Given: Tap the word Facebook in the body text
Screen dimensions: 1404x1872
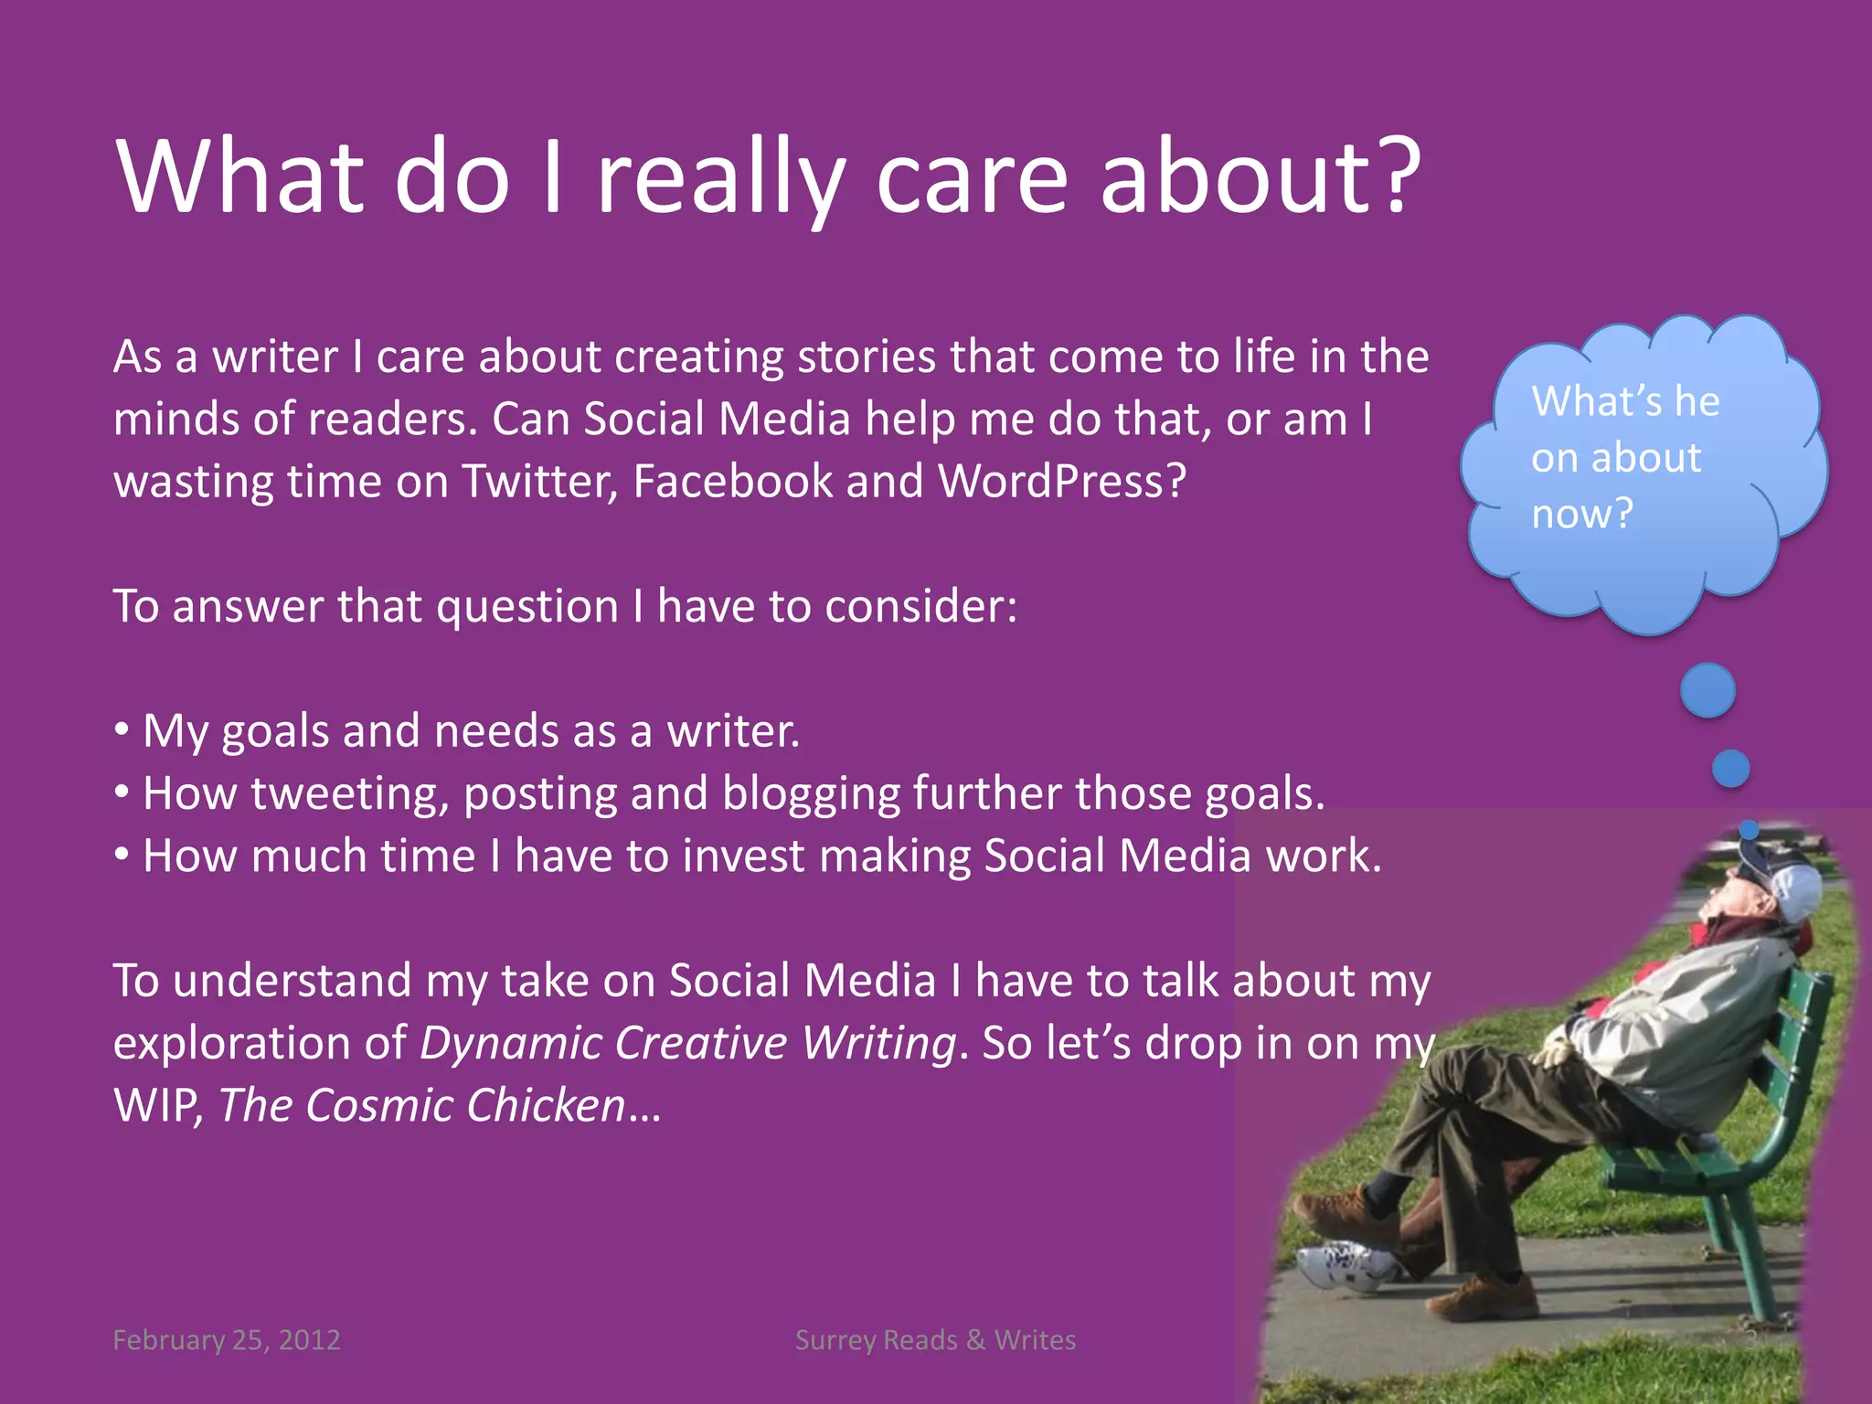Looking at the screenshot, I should [731, 482].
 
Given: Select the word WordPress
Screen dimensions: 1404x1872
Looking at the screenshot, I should [1060, 482].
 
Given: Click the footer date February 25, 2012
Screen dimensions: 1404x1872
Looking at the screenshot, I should [226, 1340].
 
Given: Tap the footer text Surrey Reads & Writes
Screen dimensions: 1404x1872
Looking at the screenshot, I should [935, 1340].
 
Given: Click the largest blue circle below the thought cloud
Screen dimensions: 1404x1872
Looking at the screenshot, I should [1707, 690].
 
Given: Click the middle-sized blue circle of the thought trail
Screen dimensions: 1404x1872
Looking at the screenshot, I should [1730, 769].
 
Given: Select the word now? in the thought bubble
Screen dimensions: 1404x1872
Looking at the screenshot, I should [1582, 514].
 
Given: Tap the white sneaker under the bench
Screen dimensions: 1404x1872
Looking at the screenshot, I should [1344, 1265].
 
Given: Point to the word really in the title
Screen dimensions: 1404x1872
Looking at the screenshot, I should [720, 178].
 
